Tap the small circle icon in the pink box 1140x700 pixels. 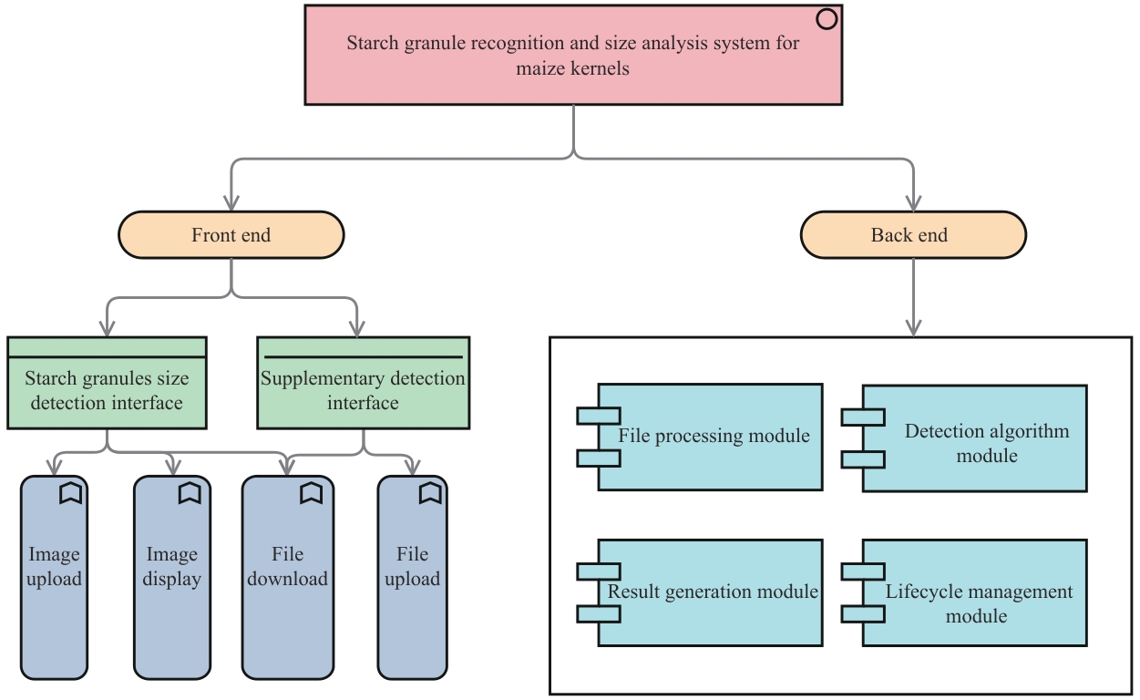tap(827, 19)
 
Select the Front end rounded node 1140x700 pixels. tap(231, 235)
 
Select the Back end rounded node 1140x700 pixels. tap(913, 235)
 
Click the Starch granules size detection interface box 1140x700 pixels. tap(107, 391)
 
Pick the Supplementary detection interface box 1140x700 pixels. tap(363, 391)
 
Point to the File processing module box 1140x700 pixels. tap(711, 437)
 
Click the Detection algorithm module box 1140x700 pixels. tap(975, 438)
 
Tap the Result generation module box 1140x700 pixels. tap(711, 592)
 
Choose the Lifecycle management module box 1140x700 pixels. tap(975, 592)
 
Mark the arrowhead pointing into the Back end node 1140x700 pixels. tap(913, 203)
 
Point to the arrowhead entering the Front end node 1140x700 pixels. tap(231, 203)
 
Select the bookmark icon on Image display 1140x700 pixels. tap(189, 493)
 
